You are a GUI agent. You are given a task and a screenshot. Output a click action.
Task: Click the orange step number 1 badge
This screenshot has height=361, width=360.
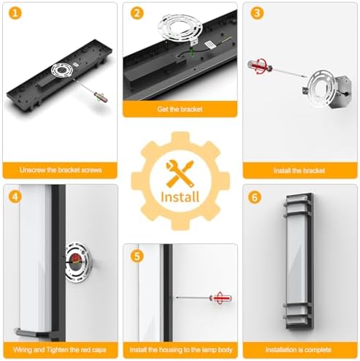click(x=15, y=13)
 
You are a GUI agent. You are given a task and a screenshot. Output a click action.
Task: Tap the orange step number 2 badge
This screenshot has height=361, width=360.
click(x=137, y=13)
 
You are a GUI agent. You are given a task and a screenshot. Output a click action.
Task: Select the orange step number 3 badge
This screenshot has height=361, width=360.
click(x=257, y=13)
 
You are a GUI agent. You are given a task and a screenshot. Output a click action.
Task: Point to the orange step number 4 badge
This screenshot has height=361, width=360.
click(x=15, y=197)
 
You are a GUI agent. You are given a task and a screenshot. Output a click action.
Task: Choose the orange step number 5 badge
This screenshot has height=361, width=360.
click(x=137, y=256)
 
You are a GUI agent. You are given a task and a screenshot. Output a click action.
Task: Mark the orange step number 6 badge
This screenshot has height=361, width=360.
click(x=255, y=197)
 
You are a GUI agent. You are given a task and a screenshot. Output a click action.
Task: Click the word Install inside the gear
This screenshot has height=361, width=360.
click(x=180, y=197)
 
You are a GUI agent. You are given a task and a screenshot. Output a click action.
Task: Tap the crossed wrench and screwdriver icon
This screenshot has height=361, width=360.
click(x=180, y=173)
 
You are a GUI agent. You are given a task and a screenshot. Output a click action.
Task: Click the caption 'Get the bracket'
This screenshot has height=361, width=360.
click(x=180, y=109)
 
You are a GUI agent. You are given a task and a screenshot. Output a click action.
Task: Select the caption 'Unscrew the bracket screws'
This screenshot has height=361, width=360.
click(x=61, y=170)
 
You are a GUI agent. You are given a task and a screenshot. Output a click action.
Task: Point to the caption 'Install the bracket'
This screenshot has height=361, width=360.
click(x=299, y=170)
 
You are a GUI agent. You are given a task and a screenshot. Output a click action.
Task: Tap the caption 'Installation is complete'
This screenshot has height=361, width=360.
click(x=299, y=350)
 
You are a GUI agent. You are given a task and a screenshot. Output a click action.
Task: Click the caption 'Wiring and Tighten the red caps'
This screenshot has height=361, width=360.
click(x=60, y=350)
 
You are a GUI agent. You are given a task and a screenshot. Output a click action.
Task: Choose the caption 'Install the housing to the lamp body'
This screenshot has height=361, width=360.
click(x=181, y=350)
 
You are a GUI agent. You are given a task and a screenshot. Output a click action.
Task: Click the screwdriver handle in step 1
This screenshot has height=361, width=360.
click(x=101, y=97)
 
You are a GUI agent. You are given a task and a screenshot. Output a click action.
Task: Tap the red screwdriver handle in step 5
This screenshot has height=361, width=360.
click(x=221, y=297)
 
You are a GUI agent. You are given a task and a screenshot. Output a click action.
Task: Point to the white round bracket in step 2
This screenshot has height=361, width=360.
click(x=180, y=30)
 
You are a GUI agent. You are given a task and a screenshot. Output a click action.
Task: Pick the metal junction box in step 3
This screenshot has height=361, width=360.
click(x=340, y=92)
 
